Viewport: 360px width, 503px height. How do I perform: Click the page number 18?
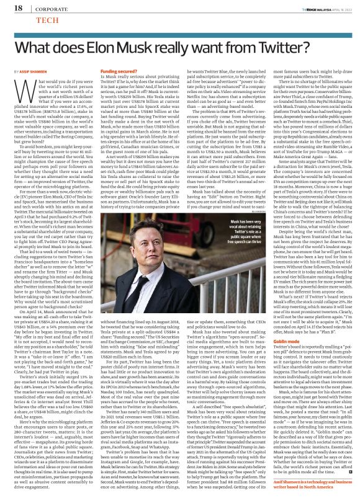tap(11, 8)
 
